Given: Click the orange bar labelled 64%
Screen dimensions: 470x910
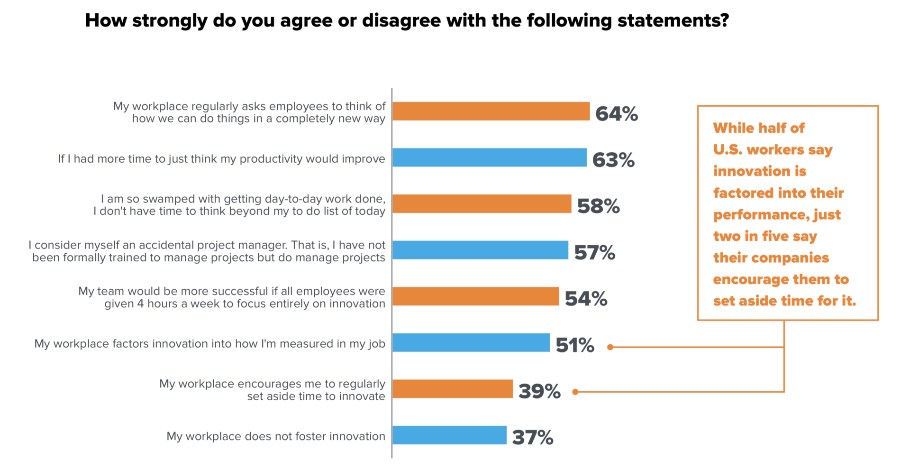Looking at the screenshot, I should coord(491,111).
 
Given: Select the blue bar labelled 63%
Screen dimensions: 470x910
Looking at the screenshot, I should coord(489,157).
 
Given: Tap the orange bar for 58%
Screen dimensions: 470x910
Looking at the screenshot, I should coord(482,203).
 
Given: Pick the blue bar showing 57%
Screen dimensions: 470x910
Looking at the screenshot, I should coord(480,250).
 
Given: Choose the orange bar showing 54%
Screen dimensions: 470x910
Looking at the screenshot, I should coord(475,296).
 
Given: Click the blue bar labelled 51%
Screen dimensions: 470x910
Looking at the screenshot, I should coord(471,342).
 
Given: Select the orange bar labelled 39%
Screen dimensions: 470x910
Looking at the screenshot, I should coord(452,388).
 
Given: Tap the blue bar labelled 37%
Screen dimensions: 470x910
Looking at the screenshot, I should coord(449,435).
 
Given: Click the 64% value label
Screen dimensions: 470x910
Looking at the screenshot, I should coord(616,114).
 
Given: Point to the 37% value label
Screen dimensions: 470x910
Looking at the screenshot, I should coord(532,437).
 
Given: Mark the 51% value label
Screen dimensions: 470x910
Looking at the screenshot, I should coord(574,345).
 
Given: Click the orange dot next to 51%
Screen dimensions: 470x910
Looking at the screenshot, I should coord(610,347).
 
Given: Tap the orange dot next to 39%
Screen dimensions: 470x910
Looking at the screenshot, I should coord(575,392).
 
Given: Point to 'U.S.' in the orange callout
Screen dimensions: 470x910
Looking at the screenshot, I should coord(728,149).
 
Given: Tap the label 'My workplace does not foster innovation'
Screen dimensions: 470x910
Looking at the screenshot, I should coord(276,436).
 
